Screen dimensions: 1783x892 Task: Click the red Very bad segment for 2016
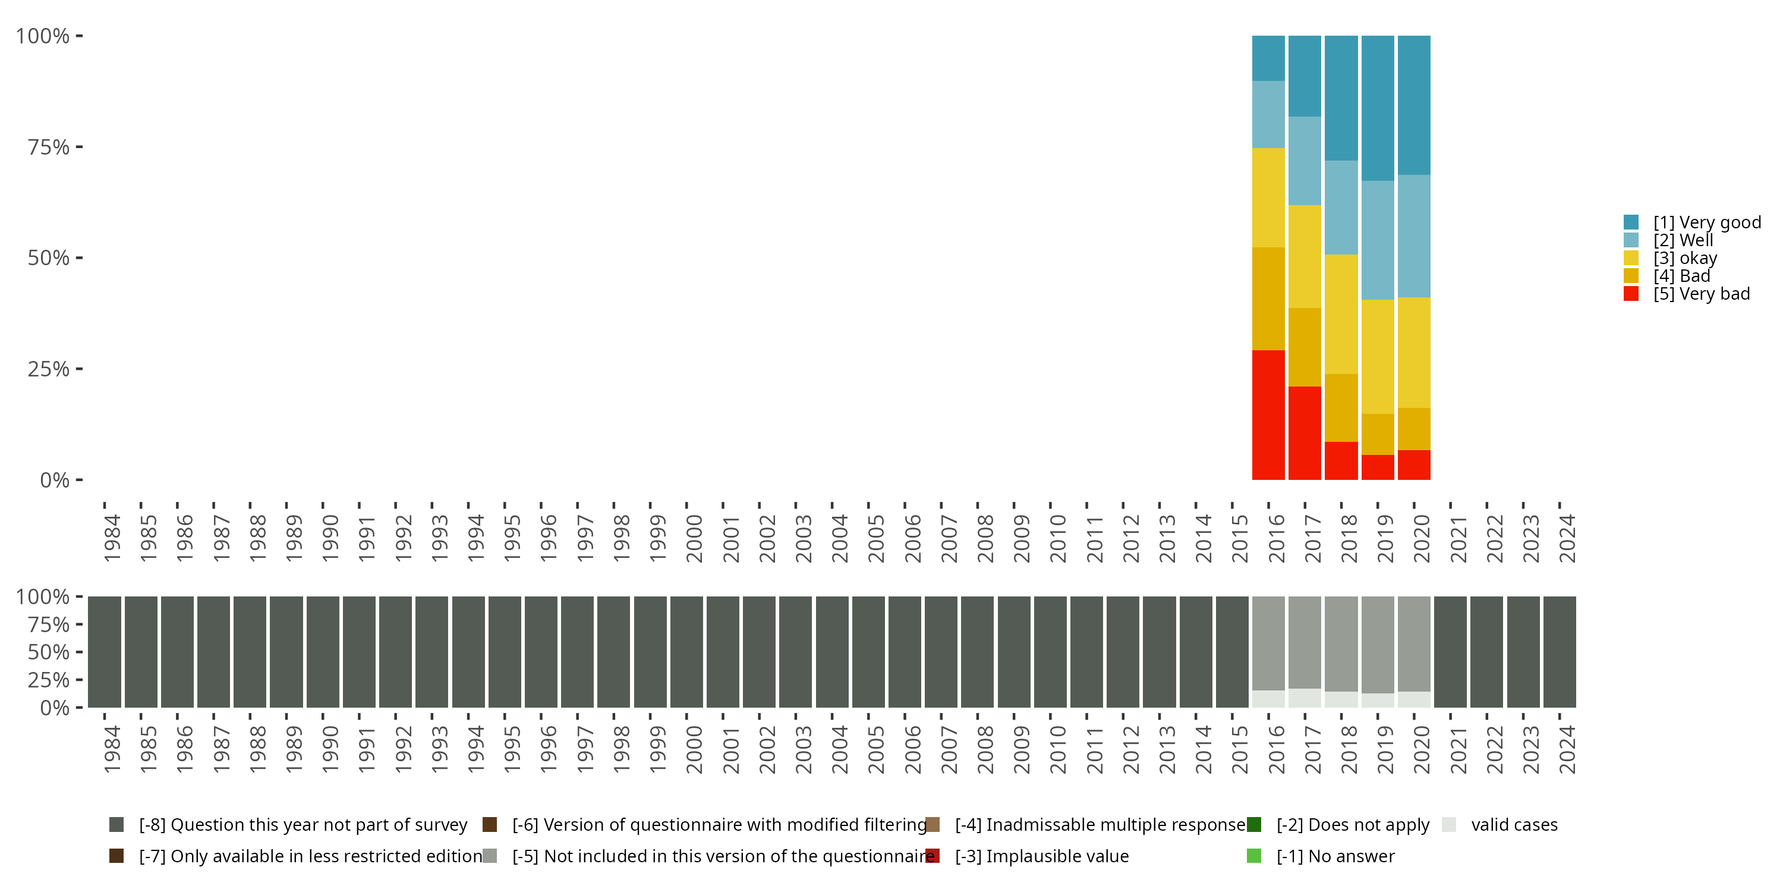pos(1268,415)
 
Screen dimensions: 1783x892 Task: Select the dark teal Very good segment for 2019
pos(1378,109)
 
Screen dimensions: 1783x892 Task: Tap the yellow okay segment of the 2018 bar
pos(1341,315)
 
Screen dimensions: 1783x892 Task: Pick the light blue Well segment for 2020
pos(1414,236)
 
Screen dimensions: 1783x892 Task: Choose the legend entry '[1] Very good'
pos(1692,222)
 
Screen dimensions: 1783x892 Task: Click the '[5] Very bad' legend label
pos(1702,294)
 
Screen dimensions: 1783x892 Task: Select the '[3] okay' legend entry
pos(1671,258)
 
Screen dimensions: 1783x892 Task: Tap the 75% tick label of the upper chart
pos(49,147)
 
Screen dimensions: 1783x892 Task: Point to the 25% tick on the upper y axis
pos(80,369)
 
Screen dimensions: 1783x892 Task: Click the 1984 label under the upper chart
pos(112,538)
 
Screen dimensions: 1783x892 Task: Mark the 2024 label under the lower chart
pos(1567,749)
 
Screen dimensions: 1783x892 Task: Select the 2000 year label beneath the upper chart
pos(694,538)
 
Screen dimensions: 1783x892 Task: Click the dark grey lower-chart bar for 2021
pos(1450,652)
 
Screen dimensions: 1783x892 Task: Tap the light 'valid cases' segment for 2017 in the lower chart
pos(1305,698)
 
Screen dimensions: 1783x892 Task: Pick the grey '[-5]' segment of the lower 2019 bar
pos(1378,645)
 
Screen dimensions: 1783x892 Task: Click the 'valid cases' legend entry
pos(1500,825)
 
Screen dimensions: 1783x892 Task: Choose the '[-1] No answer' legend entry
pos(1321,857)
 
